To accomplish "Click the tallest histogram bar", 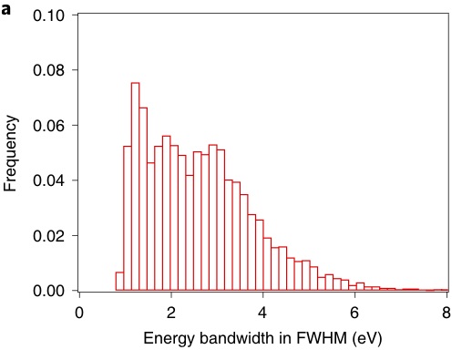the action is click(x=136, y=186).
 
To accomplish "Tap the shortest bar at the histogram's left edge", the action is click(x=119, y=282).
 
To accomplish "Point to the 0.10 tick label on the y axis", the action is click(x=49, y=15).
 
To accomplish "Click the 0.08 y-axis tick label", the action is click(x=49, y=70).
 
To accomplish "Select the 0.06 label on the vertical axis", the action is click(x=49, y=126).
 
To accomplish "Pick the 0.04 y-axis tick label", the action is click(x=49, y=180).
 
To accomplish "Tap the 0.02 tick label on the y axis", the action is click(x=49, y=236).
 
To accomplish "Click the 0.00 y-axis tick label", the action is click(x=49, y=291).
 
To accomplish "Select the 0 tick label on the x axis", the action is click(x=79, y=313).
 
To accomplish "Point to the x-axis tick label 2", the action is click(x=171, y=313).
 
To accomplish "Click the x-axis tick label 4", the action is click(x=262, y=313).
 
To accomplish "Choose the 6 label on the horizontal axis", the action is click(x=354, y=313).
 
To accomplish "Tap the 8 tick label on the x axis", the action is click(x=447, y=313).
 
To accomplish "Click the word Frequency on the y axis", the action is click(x=11, y=153).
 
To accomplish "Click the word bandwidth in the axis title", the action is click(x=237, y=337).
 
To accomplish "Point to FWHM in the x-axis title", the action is click(x=322, y=337).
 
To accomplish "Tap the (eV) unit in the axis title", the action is click(x=367, y=338).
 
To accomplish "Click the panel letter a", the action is click(x=5, y=10).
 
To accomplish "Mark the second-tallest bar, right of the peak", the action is click(x=143, y=199).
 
